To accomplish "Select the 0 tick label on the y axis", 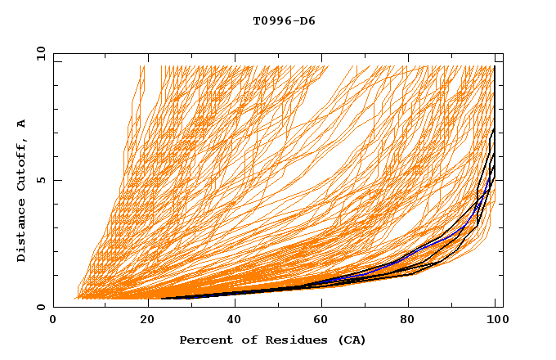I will (41, 308).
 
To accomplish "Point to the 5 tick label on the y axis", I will (41, 180).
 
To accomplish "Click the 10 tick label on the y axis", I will (41, 52).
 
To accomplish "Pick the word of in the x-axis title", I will (240, 340).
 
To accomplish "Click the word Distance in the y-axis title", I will (22, 232).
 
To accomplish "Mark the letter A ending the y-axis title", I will (22, 124).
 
